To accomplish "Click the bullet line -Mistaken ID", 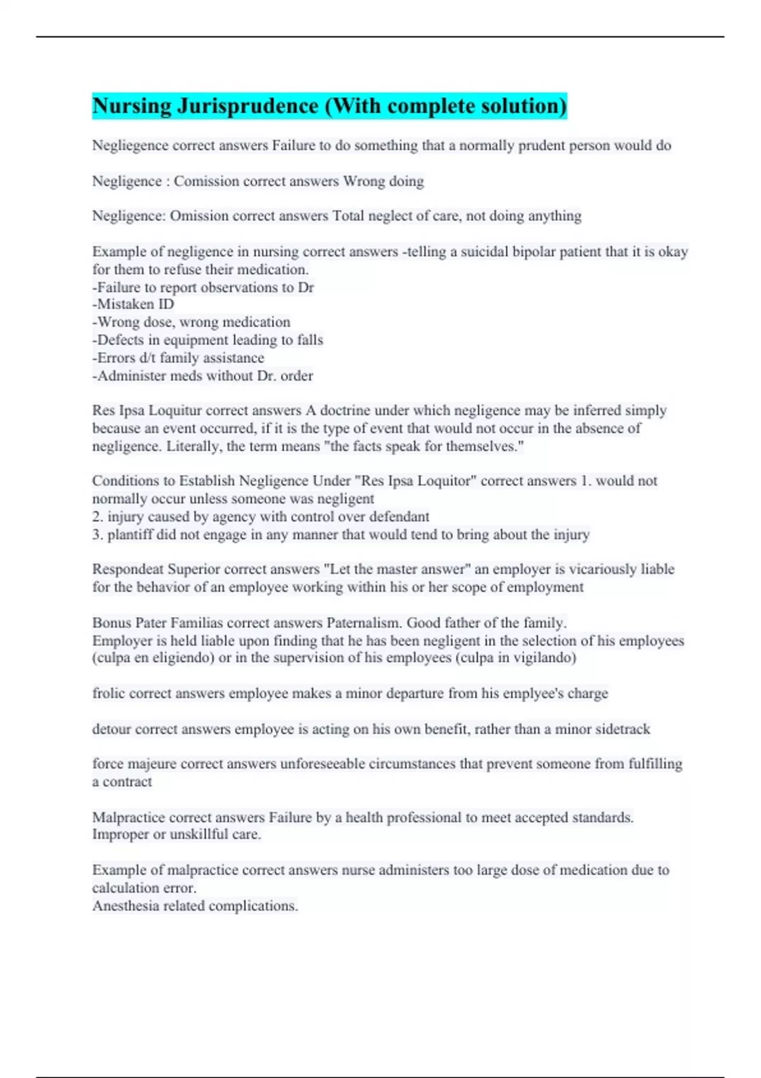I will pyautogui.click(x=133, y=304).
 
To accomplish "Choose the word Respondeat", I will pyautogui.click(x=128, y=569).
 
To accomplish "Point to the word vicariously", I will pyautogui.click(x=603, y=569).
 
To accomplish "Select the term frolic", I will pyautogui.click(x=108, y=693).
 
